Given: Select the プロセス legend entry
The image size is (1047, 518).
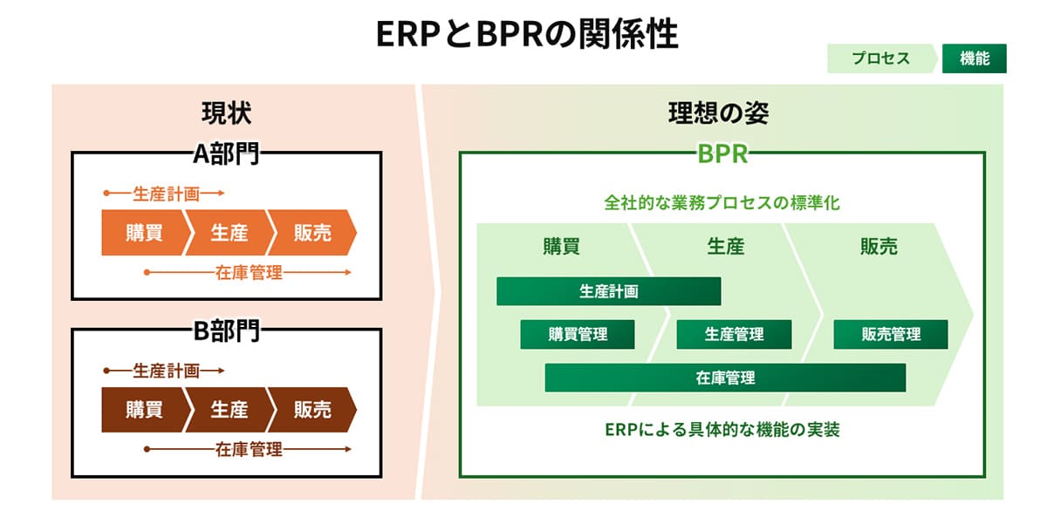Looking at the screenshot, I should click(x=881, y=58).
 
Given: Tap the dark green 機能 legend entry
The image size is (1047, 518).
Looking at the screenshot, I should click(x=974, y=58).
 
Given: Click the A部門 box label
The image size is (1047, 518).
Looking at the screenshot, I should click(x=226, y=153).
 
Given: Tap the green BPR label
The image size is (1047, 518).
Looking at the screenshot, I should click(x=722, y=153).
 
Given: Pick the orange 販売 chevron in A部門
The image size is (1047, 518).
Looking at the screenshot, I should click(x=311, y=233).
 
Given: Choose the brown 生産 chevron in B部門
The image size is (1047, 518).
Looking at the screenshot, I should click(x=229, y=409).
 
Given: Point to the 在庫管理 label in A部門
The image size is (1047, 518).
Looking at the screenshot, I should click(x=249, y=273).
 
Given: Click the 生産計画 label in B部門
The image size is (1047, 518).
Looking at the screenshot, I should click(x=166, y=371).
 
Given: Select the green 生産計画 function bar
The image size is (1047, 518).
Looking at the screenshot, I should click(x=608, y=291).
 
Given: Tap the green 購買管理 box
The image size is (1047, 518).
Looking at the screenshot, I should click(x=578, y=334).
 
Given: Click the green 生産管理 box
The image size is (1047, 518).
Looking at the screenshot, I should click(x=734, y=334).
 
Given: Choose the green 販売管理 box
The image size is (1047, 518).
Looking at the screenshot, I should click(x=891, y=334).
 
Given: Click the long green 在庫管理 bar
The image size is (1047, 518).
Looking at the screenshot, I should click(x=725, y=378).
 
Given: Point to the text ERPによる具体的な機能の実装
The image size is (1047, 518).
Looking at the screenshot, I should click(x=722, y=429).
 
